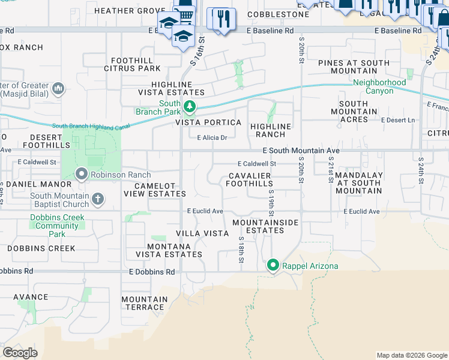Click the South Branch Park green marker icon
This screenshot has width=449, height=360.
tap(190, 107)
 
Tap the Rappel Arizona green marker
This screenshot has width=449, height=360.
tap(273, 265)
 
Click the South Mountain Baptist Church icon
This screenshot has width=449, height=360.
tap(97, 199)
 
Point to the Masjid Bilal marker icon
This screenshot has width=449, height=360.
tap(58, 89)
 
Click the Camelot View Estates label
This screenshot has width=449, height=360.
tap(154, 190)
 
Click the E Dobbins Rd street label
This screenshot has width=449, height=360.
tap(152, 272)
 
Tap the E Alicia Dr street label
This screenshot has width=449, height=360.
tap(212, 137)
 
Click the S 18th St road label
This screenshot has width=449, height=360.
tap(240, 250)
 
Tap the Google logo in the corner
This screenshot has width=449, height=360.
tap(20, 353)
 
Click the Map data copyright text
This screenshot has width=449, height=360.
tap(411, 355)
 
